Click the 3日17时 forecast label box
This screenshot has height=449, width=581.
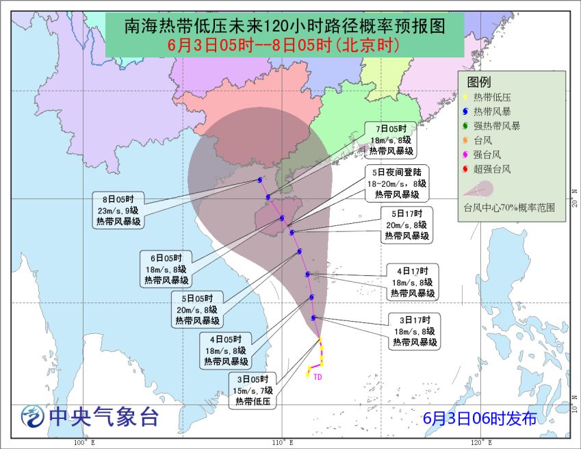[415, 331]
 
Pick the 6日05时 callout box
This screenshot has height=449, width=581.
[166, 269]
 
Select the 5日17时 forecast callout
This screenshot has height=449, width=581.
[406, 224]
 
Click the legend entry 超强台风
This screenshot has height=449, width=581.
[491, 169]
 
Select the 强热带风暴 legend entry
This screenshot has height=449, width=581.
[496, 125]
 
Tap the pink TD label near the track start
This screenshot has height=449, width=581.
[318, 376]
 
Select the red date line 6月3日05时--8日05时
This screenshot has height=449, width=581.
[284, 47]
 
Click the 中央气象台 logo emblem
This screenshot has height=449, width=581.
[31, 415]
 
